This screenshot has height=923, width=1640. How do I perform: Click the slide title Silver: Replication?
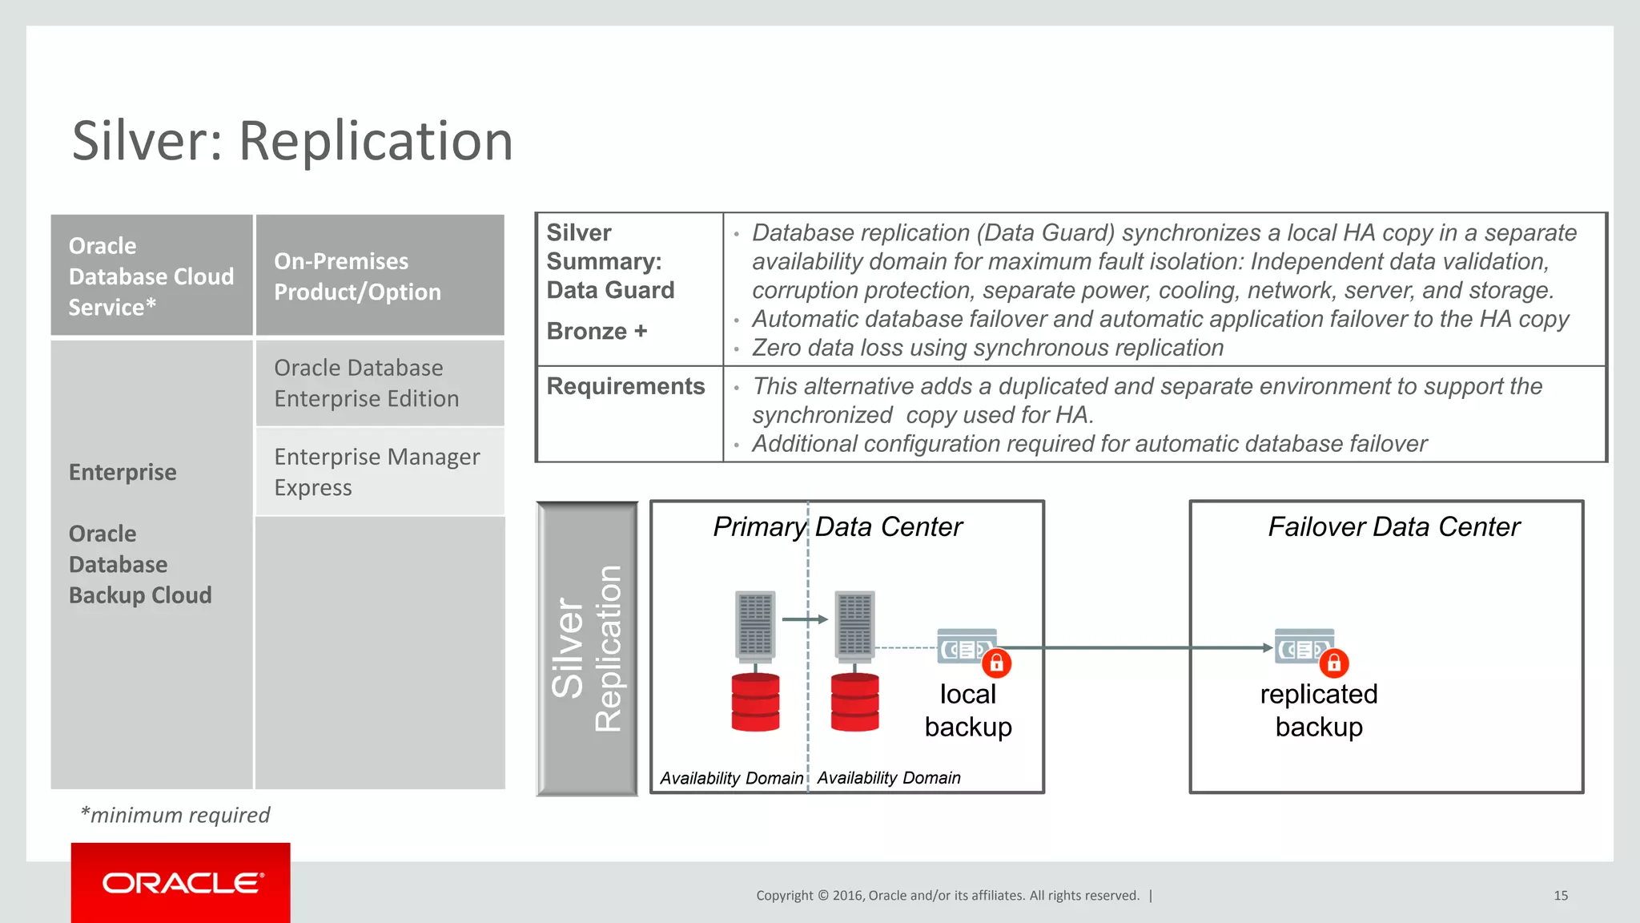click(292, 141)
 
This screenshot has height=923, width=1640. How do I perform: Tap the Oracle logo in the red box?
click(182, 883)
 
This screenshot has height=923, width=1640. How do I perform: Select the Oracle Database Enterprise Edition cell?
click(367, 383)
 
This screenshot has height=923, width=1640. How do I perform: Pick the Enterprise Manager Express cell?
click(376, 472)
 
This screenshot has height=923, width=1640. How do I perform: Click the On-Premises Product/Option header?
click(357, 276)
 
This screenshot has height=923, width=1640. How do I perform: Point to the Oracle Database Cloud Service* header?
click(151, 276)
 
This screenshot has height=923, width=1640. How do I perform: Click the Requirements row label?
click(625, 386)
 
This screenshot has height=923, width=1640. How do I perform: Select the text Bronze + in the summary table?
click(597, 331)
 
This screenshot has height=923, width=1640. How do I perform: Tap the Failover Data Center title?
click(1393, 526)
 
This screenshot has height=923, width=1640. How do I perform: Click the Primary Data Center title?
click(838, 526)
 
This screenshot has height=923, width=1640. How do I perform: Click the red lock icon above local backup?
click(996, 663)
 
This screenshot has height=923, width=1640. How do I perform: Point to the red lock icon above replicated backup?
click(1333, 663)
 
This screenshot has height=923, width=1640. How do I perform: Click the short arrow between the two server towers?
click(805, 619)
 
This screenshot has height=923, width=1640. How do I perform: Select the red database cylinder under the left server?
click(755, 702)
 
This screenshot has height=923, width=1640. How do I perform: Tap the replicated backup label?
click(1319, 710)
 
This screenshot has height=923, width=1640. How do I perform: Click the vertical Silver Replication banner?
click(587, 648)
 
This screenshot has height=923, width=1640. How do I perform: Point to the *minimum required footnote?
click(175, 815)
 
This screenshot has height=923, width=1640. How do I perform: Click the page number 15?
click(1561, 895)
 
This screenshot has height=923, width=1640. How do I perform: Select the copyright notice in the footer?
click(947, 895)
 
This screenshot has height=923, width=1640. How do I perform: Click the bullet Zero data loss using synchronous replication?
click(987, 348)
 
